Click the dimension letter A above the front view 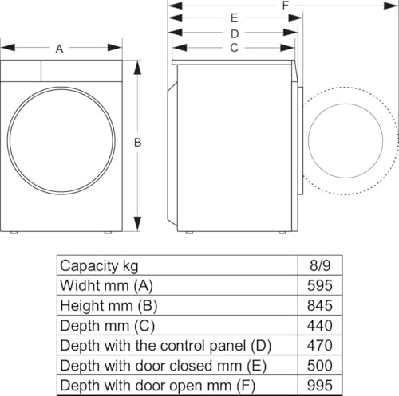click(x=60, y=49)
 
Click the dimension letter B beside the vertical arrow click(x=137, y=143)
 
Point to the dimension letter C click(x=234, y=48)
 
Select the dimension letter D click(x=235, y=33)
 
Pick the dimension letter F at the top click(x=285, y=6)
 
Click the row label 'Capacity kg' click(x=99, y=265)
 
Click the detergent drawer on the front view click(x=21, y=70)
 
